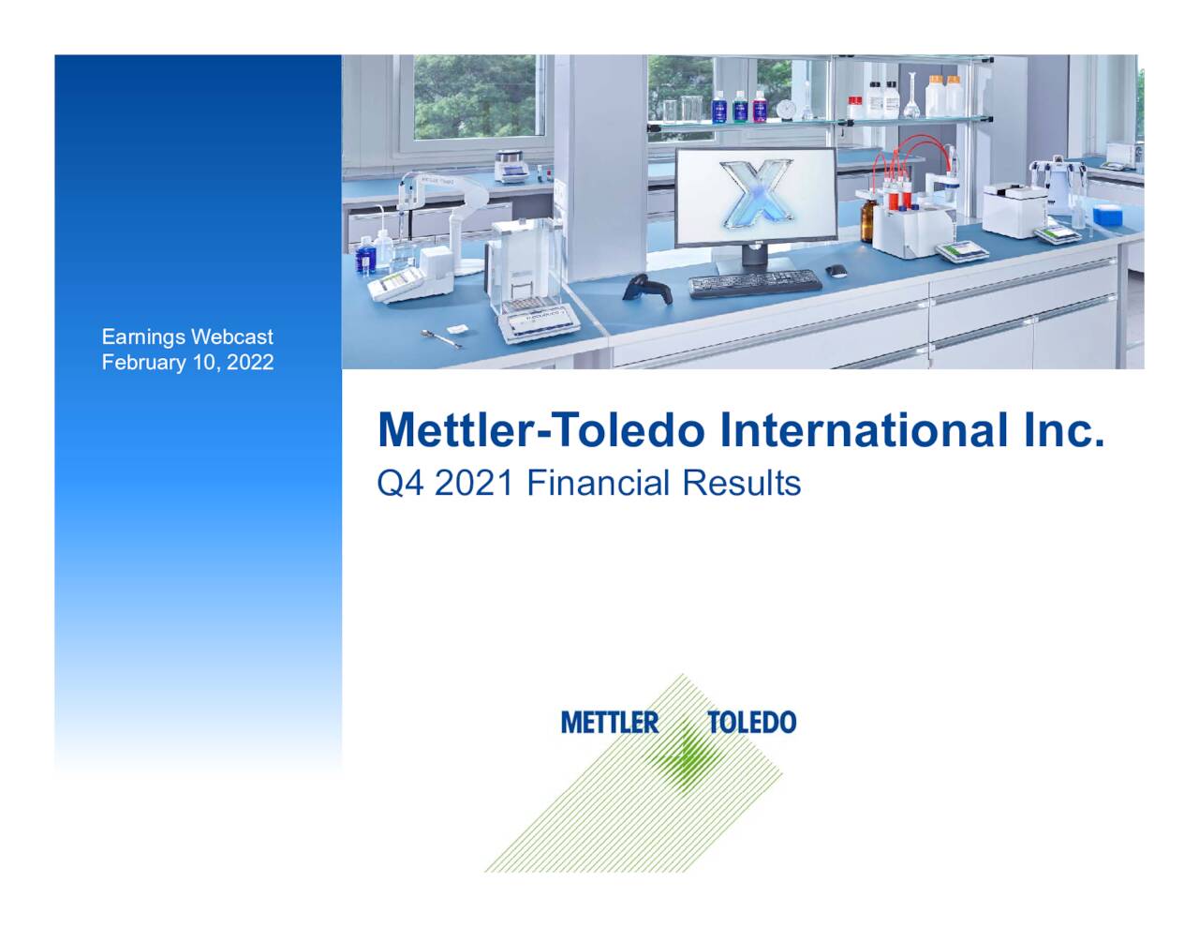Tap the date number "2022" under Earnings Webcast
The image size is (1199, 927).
click(250, 363)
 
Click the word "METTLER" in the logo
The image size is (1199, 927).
click(610, 723)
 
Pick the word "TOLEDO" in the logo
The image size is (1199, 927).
click(751, 723)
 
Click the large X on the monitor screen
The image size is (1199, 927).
click(754, 197)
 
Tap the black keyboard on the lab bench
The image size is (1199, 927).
click(754, 282)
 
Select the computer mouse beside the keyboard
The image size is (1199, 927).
click(836, 271)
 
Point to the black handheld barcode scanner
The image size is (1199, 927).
click(649, 287)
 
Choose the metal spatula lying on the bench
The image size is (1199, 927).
click(441, 338)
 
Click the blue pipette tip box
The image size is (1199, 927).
click(1108, 214)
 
